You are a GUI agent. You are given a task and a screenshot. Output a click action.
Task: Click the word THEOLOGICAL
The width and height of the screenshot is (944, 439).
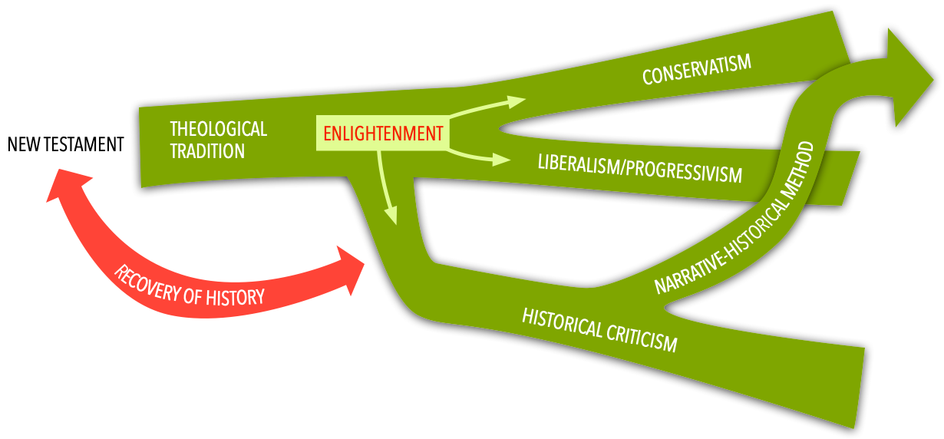click(x=218, y=129)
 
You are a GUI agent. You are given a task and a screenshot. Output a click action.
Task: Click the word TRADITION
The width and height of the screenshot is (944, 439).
click(x=207, y=150)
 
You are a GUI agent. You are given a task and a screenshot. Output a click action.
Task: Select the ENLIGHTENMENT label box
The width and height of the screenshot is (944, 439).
click(x=383, y=134)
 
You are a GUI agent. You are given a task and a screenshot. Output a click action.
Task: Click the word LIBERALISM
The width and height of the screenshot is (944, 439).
click(x=579, y=165)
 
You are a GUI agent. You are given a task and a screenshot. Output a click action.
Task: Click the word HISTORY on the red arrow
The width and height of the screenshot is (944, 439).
click(x=235, y=295)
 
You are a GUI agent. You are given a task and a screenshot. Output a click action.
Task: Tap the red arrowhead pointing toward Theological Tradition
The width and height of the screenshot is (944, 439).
click(x=67, y=187)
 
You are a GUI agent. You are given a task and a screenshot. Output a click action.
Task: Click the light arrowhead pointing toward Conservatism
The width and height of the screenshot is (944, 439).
click(x=517, y=101)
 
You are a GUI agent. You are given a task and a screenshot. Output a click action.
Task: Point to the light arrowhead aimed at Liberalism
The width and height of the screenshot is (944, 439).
click(x=502, y=160)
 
